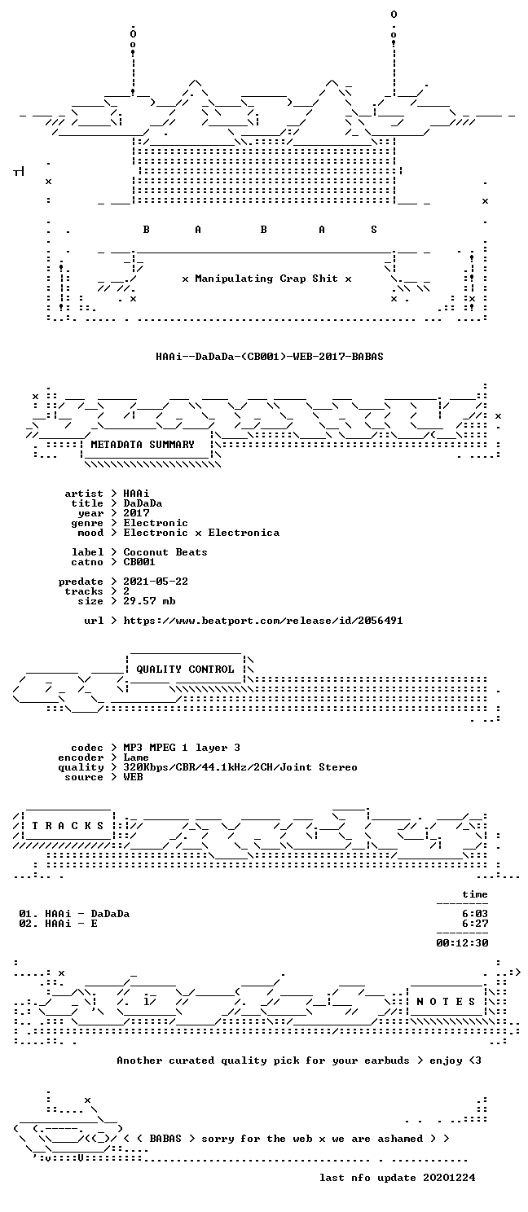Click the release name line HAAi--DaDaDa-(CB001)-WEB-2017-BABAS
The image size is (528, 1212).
tap(269, 357)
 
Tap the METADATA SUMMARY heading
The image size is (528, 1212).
tap(143, 444)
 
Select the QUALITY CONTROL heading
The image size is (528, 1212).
tap(185, 670)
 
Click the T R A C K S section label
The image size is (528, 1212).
tap(68, 826)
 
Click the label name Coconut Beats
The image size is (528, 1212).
tap(165, 552)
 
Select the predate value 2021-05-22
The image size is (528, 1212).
tap(156, 582)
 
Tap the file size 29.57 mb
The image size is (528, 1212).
tap(149, 601)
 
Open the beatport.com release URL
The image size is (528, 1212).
tap(262, 621)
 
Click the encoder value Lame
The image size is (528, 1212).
tap(135, 757)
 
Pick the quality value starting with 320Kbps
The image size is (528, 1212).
tap(240, 767)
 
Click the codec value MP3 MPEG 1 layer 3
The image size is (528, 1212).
tap(182, 748)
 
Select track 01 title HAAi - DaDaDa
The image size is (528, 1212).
tap(87, 914)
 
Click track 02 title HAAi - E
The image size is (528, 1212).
tap(71, 924)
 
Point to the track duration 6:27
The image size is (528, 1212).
tap(475, 924)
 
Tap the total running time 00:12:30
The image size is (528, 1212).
tap(462, 943)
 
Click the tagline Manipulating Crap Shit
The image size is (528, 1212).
tap(266, 279)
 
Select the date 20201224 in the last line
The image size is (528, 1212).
tap(449, 1178)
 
